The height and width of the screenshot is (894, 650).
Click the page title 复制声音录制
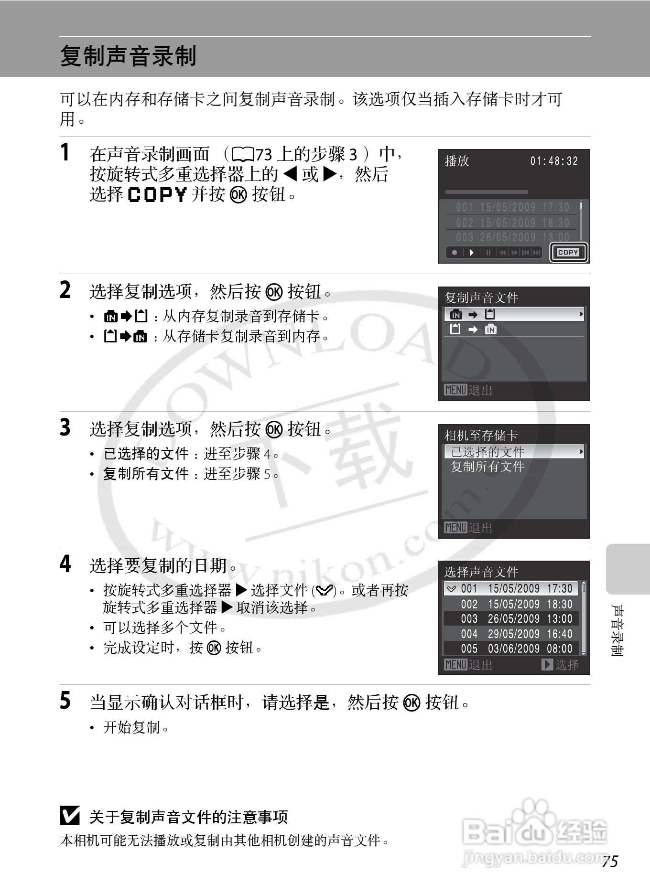[x=128, y=56]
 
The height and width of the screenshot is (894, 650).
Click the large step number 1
[x=65, y=153]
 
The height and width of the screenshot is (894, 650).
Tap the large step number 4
[x=65, y=564]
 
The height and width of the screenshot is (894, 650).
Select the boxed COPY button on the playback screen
[x=568, y=252]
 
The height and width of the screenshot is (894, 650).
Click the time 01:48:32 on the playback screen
[x=553, y=161]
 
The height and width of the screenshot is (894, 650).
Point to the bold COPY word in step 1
[x=157, y=194]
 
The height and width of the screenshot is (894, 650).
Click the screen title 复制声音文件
[x=481, y=298]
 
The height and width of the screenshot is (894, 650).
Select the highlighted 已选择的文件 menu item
[x=487, y=451]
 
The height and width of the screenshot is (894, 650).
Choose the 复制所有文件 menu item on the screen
[x=487, y=467]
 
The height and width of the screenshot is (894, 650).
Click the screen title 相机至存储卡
[x=481, y=435]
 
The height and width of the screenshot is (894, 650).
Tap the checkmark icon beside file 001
[x=451, y=589]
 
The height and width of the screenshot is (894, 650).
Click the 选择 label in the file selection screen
[x=567, y=664]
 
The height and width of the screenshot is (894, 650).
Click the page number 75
[x=609, y=861]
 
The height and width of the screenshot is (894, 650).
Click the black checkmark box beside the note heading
[x=70, y=816]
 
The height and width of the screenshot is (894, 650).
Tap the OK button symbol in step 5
[x=412, y=702]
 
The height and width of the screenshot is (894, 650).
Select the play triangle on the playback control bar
[x=471, y=253]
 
